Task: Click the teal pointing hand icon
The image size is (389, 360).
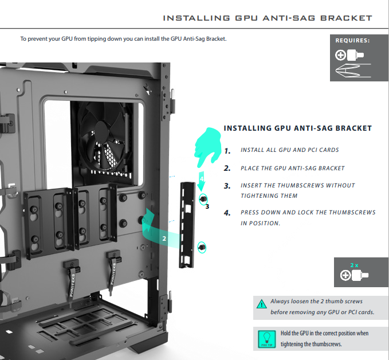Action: pyautogui.click(x=208, y=147)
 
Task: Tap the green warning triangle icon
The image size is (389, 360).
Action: pyautogui.click(x=261, y=304)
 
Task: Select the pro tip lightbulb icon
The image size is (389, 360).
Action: pyautogui.click(x=267, y=339)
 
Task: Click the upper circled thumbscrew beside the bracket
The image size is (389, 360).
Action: pyautogui.click(x=203, y=199)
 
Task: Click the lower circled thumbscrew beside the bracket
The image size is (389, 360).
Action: pyautogui.click(x=202, y=247)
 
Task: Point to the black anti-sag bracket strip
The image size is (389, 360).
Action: pyautogui.click(x=187, y=225)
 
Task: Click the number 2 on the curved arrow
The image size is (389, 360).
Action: pyautogui.click(x=164, y=238)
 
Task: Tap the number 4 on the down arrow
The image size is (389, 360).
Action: pyautogui.click(x=202, y=179)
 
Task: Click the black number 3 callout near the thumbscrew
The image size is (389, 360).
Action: pyautogui.click(x=207, y=206)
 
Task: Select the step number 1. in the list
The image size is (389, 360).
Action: pyautogui.click(x=227, y=151)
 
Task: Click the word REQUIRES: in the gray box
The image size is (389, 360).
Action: pyautogui.click(x=352, y=41)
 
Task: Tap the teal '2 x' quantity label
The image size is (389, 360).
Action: pyautogui.click(x=354, y=265)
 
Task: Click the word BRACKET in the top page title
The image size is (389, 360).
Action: pyautogui.click(x=346, y=18)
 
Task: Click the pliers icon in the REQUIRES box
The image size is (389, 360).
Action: pyautogui.click(x=353, y=71)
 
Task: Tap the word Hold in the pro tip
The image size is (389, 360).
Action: pyautogui.click(x=286, y=333)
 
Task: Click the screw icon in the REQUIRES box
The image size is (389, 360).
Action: pyautogui.click(x=349, y=55)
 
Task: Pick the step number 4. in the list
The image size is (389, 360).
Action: pyautogui.click(x=227, y=213)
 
